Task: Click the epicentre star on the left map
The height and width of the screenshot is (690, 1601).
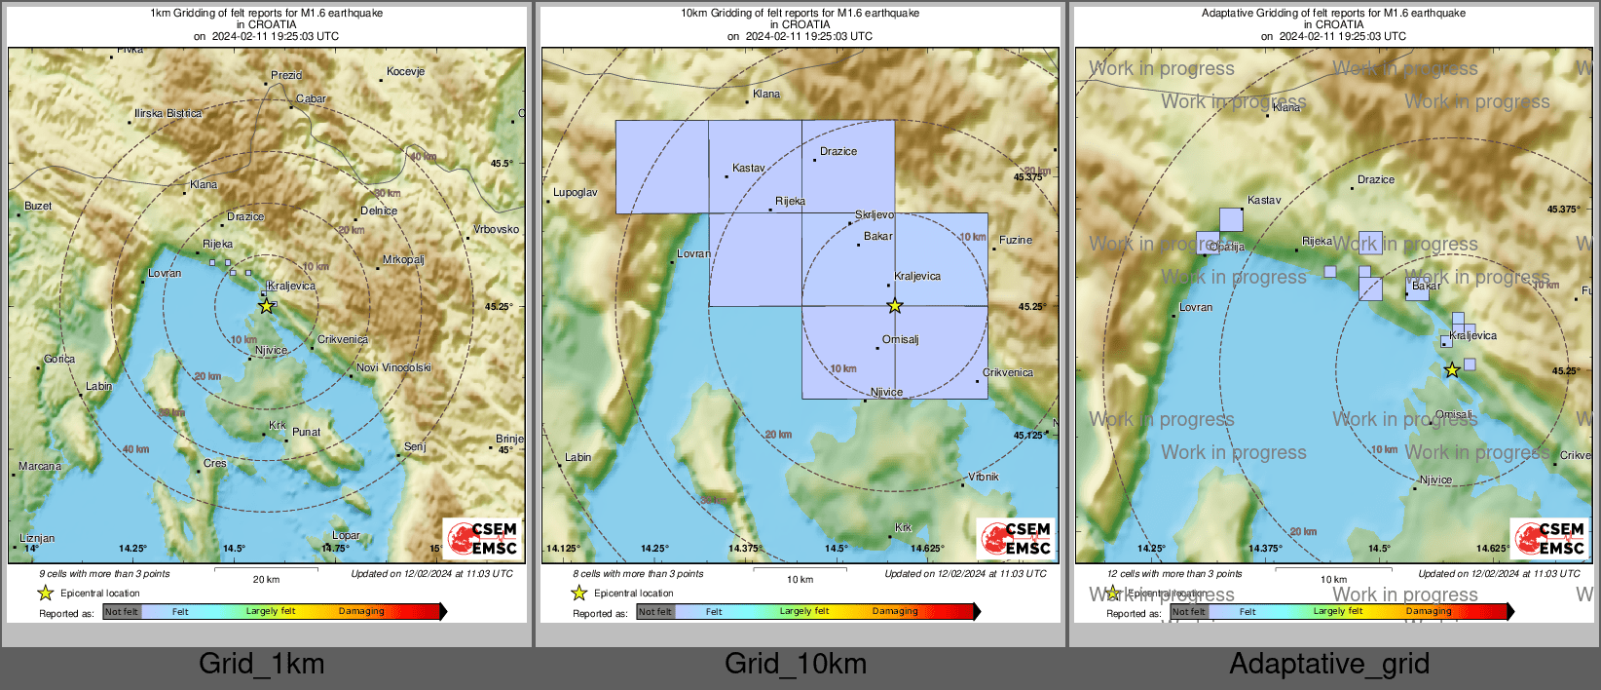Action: click(266, 306)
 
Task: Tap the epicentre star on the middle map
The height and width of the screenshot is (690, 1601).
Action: click(895, 306)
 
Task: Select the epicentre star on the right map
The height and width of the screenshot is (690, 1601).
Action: click(1452, 370)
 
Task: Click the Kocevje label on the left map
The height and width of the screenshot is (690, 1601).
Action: click(405, 71)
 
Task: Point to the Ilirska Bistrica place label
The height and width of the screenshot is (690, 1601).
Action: click(168, 114)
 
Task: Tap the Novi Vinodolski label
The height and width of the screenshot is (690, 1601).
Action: click(393, 367)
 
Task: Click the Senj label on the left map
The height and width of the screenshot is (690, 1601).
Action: click(415, 446)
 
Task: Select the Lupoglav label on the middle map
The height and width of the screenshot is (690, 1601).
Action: click(575, 192)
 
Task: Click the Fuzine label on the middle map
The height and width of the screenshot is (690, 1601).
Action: click(1015, 240)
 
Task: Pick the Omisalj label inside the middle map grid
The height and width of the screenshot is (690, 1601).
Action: click(900, 339)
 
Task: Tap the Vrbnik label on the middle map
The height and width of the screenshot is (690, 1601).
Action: click(984, 477)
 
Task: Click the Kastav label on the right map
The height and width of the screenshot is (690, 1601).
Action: click(1264, 200)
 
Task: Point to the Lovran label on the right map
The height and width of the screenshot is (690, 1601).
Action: click(1196, 307)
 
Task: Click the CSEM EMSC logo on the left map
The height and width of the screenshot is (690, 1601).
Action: click(483, 538)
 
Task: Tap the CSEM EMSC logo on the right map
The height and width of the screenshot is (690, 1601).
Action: click(1550, 538)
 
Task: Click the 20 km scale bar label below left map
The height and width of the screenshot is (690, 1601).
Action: click(266, 579)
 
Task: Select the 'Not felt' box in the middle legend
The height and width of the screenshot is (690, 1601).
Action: click(655, 612)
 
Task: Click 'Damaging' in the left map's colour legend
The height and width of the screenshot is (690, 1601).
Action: click(361, 611)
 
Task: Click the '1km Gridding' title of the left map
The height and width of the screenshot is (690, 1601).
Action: click(266, 14)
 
